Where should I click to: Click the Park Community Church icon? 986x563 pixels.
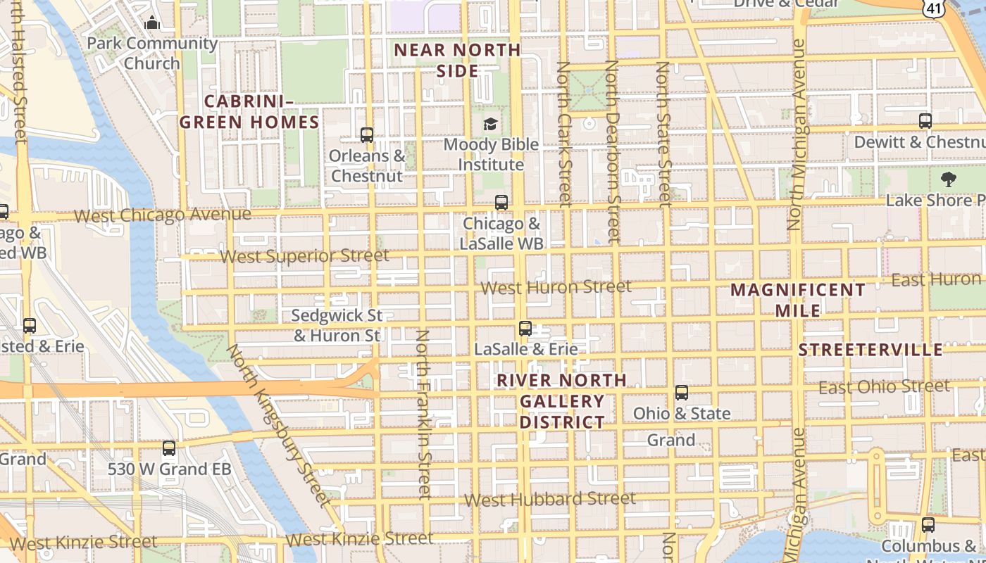point(152,23)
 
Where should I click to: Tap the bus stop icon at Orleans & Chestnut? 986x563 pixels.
point(367,135)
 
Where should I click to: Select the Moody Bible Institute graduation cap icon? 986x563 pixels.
point(490,125)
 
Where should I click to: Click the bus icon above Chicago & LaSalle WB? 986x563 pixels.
point(501,203)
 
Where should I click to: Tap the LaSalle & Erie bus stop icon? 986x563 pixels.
point(525,328)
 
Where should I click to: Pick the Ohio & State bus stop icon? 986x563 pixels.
point(682,393)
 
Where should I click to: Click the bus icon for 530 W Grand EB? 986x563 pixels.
point(169,448)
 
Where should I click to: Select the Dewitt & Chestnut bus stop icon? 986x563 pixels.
point(925,121)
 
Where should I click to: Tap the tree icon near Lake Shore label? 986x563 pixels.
point(949,179)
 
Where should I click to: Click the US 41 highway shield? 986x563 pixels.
point(932,8)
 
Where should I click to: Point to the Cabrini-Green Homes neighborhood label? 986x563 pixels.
point(249,112)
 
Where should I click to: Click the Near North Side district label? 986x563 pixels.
point(457,61)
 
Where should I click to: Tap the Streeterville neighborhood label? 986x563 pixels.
point(870,350)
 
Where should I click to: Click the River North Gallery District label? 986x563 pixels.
point(561,401)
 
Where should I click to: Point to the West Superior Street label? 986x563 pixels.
point(304,255)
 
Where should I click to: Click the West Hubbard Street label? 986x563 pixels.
point(550,499)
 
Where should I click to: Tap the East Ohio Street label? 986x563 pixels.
point(884,387)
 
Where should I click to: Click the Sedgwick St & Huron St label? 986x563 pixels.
point(337,325)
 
